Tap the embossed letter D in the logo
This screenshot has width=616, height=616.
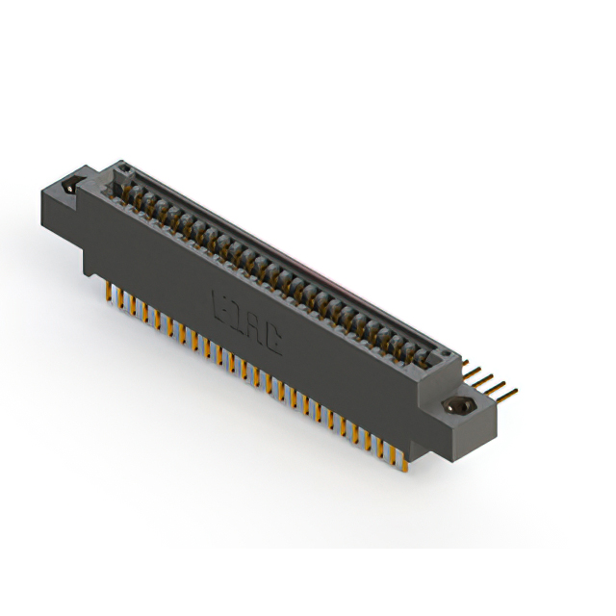click(233, 312)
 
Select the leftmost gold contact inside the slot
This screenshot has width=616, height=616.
click(127, 192)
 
